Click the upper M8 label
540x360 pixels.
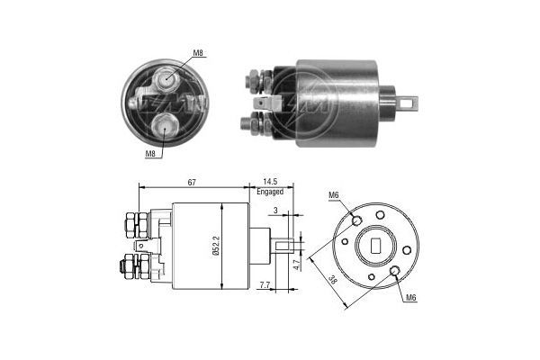tap(199, 54)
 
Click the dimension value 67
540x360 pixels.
tap(192, 182)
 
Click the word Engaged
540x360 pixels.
tap(270, 193)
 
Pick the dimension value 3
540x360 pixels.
tap(274, 211)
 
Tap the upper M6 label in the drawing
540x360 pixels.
tap(332, 195)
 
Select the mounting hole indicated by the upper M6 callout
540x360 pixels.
tap(357, 220)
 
